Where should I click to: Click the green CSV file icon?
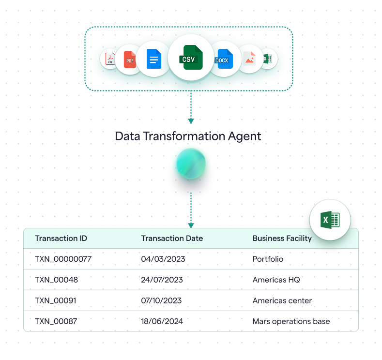tap(191, 58)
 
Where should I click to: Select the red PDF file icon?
tap(130, 60)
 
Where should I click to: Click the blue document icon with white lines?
tap(154, 60)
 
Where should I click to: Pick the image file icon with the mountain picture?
tap(249, 59)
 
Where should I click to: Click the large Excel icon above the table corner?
tap(330, 220)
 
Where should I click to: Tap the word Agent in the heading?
tap(244, 136)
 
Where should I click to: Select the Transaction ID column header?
tap(61, 238)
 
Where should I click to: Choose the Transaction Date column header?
tap(172, 238)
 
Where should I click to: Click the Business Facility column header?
tap(282, 238)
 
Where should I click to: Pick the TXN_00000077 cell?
tap(63, 259)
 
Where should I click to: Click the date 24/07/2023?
tap(162, 280)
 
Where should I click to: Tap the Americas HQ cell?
tap(276, 280)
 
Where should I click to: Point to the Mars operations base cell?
tap(291, 321)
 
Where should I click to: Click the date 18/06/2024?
tap(162, 321)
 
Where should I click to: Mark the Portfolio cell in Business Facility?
tap(268, 259)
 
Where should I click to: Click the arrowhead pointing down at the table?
tap(191, 225)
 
